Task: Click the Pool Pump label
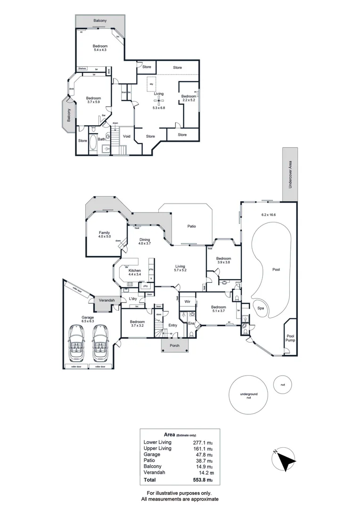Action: pos(290,338)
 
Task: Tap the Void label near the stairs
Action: pos(126,136)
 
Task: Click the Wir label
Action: pos(187,301)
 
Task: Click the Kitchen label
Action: pos(135,271)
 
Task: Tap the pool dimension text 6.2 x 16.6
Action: pos(270,215)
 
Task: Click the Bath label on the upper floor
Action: pos(101,139)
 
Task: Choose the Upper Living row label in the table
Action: pos(157,449)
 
